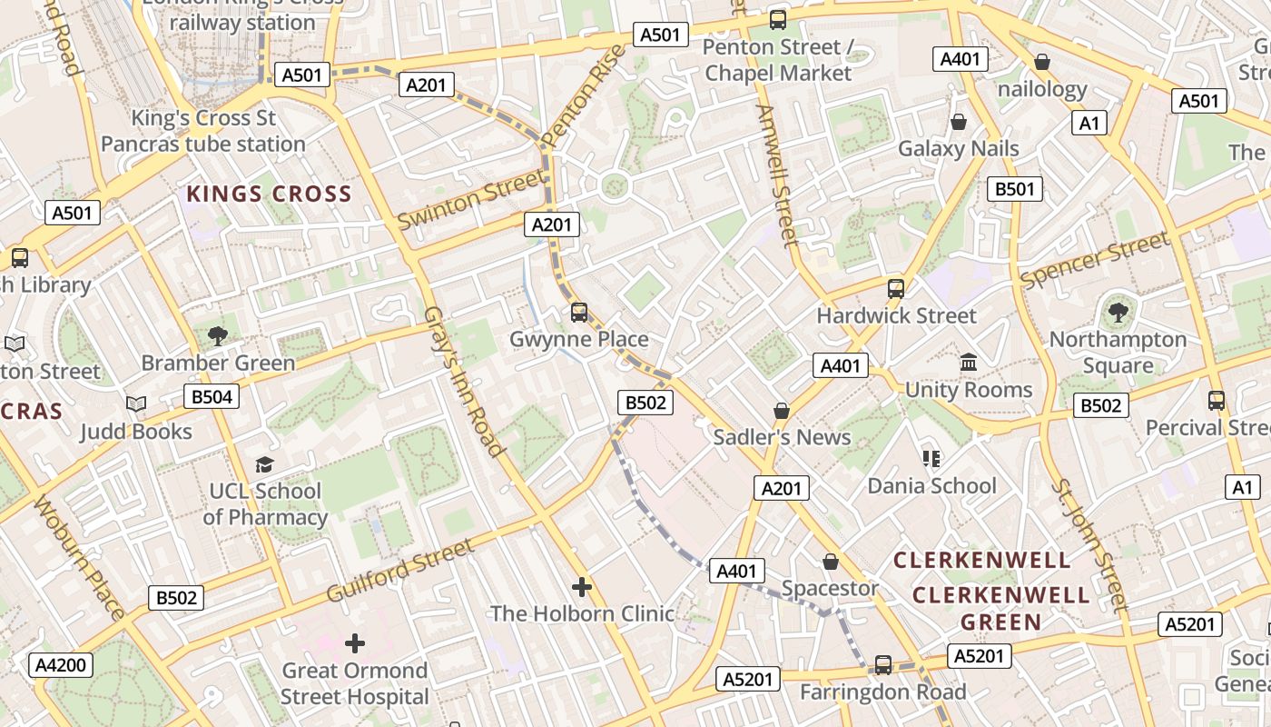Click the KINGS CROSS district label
(x=269, y=194)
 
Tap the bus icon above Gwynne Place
(x=579, y=313)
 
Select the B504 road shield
(x=212, y=396)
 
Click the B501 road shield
(x=1015, y=189)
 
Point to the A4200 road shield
(x=61, y=665)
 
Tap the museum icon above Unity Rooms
(x=969, y=363)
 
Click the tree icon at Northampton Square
(x=1118, y=313)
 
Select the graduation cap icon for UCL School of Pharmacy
(x=264, y=464)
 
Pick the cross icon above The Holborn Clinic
(x=582, y=587)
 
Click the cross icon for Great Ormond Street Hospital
(x=355, y=643)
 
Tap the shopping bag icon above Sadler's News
(x=782, y=411)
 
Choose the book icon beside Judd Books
(x=136, y=403)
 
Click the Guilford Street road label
(x=399, y=570)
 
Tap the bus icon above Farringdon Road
(x=882, y=665)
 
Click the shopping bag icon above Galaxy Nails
(x=959, y=122)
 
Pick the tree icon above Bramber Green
(x=218, y=336)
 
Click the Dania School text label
(x=931, y=485)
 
